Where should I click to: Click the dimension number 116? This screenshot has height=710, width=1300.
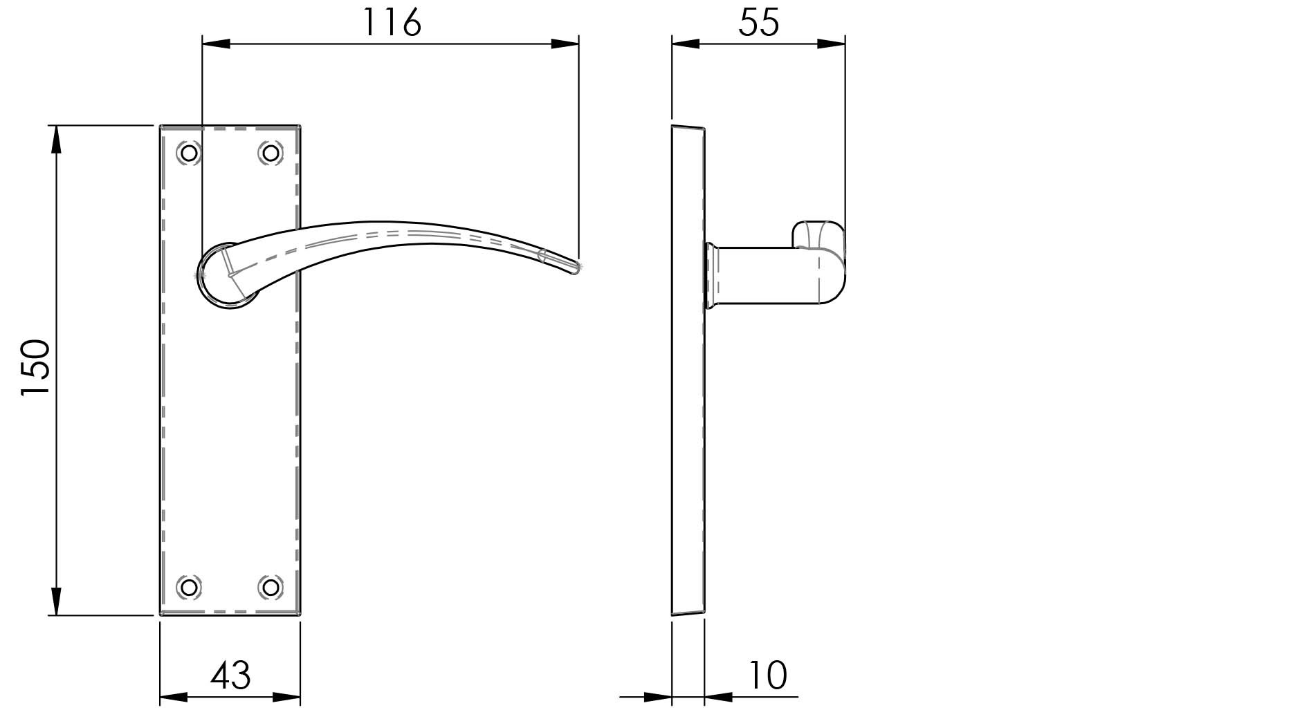[x=392, y=23]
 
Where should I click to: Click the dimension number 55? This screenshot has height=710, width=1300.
[x=758, y=23]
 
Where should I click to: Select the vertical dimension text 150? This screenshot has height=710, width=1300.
[x=36, y=367]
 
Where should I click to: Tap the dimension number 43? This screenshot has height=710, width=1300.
[x=230, y=675]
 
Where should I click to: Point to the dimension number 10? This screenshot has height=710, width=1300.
[x=767, y=675]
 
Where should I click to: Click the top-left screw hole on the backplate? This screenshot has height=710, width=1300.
[x=189, y=152]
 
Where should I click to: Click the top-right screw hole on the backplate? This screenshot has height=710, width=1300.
[x=271, y=152]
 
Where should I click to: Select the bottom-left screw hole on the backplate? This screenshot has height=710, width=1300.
[x=189, y=587]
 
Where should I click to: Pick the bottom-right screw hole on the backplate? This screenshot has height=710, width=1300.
[x=271, y=587]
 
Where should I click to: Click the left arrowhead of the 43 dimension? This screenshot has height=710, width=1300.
[x=174, y=697]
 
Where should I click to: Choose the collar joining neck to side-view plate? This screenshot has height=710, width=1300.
[x=711, y=275]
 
